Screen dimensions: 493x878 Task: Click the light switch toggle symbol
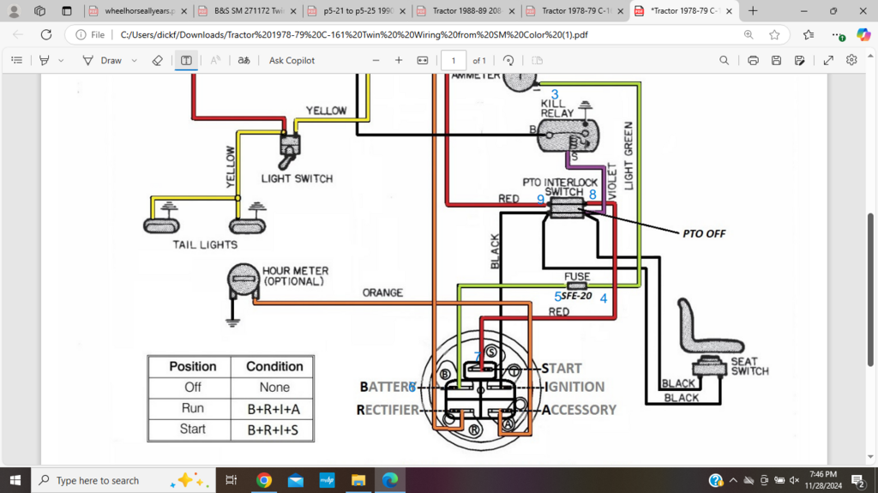286,154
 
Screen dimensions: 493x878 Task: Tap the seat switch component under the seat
709,364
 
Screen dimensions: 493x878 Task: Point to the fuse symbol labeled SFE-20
576,285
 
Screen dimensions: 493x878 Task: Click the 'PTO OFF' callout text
703,233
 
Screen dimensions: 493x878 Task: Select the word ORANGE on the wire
382,292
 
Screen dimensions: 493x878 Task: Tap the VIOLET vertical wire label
611,180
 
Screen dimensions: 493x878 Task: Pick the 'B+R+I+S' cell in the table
274,430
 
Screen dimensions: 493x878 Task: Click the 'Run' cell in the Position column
193,408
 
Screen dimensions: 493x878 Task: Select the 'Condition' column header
274,366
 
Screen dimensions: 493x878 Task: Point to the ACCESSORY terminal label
579,410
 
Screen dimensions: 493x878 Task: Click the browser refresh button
46,35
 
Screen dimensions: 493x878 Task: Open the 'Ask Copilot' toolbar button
292,61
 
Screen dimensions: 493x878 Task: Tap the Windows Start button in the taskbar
15,480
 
